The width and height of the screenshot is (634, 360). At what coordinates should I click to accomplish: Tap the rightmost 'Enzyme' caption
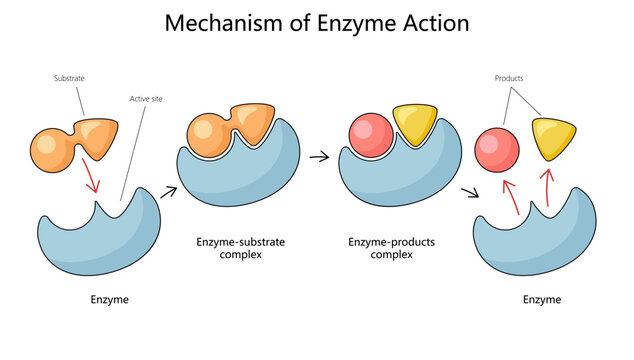(x=541, y=299)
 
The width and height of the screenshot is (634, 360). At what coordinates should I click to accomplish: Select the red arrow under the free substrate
(x=91, y=181)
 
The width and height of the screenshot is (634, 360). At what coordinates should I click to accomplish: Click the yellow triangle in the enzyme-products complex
(x=414, y=125)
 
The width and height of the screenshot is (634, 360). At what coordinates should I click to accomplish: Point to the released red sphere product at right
(x=494, y=150)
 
